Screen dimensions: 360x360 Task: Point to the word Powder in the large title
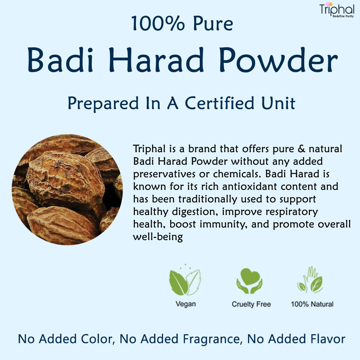(278, 60)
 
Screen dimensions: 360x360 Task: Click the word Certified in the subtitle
(220, 103)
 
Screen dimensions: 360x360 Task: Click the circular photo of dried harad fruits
(67, 190)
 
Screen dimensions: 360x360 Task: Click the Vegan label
(185, 304)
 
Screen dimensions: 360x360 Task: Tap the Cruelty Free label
(251, 304)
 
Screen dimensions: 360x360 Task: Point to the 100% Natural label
(312, 304)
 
